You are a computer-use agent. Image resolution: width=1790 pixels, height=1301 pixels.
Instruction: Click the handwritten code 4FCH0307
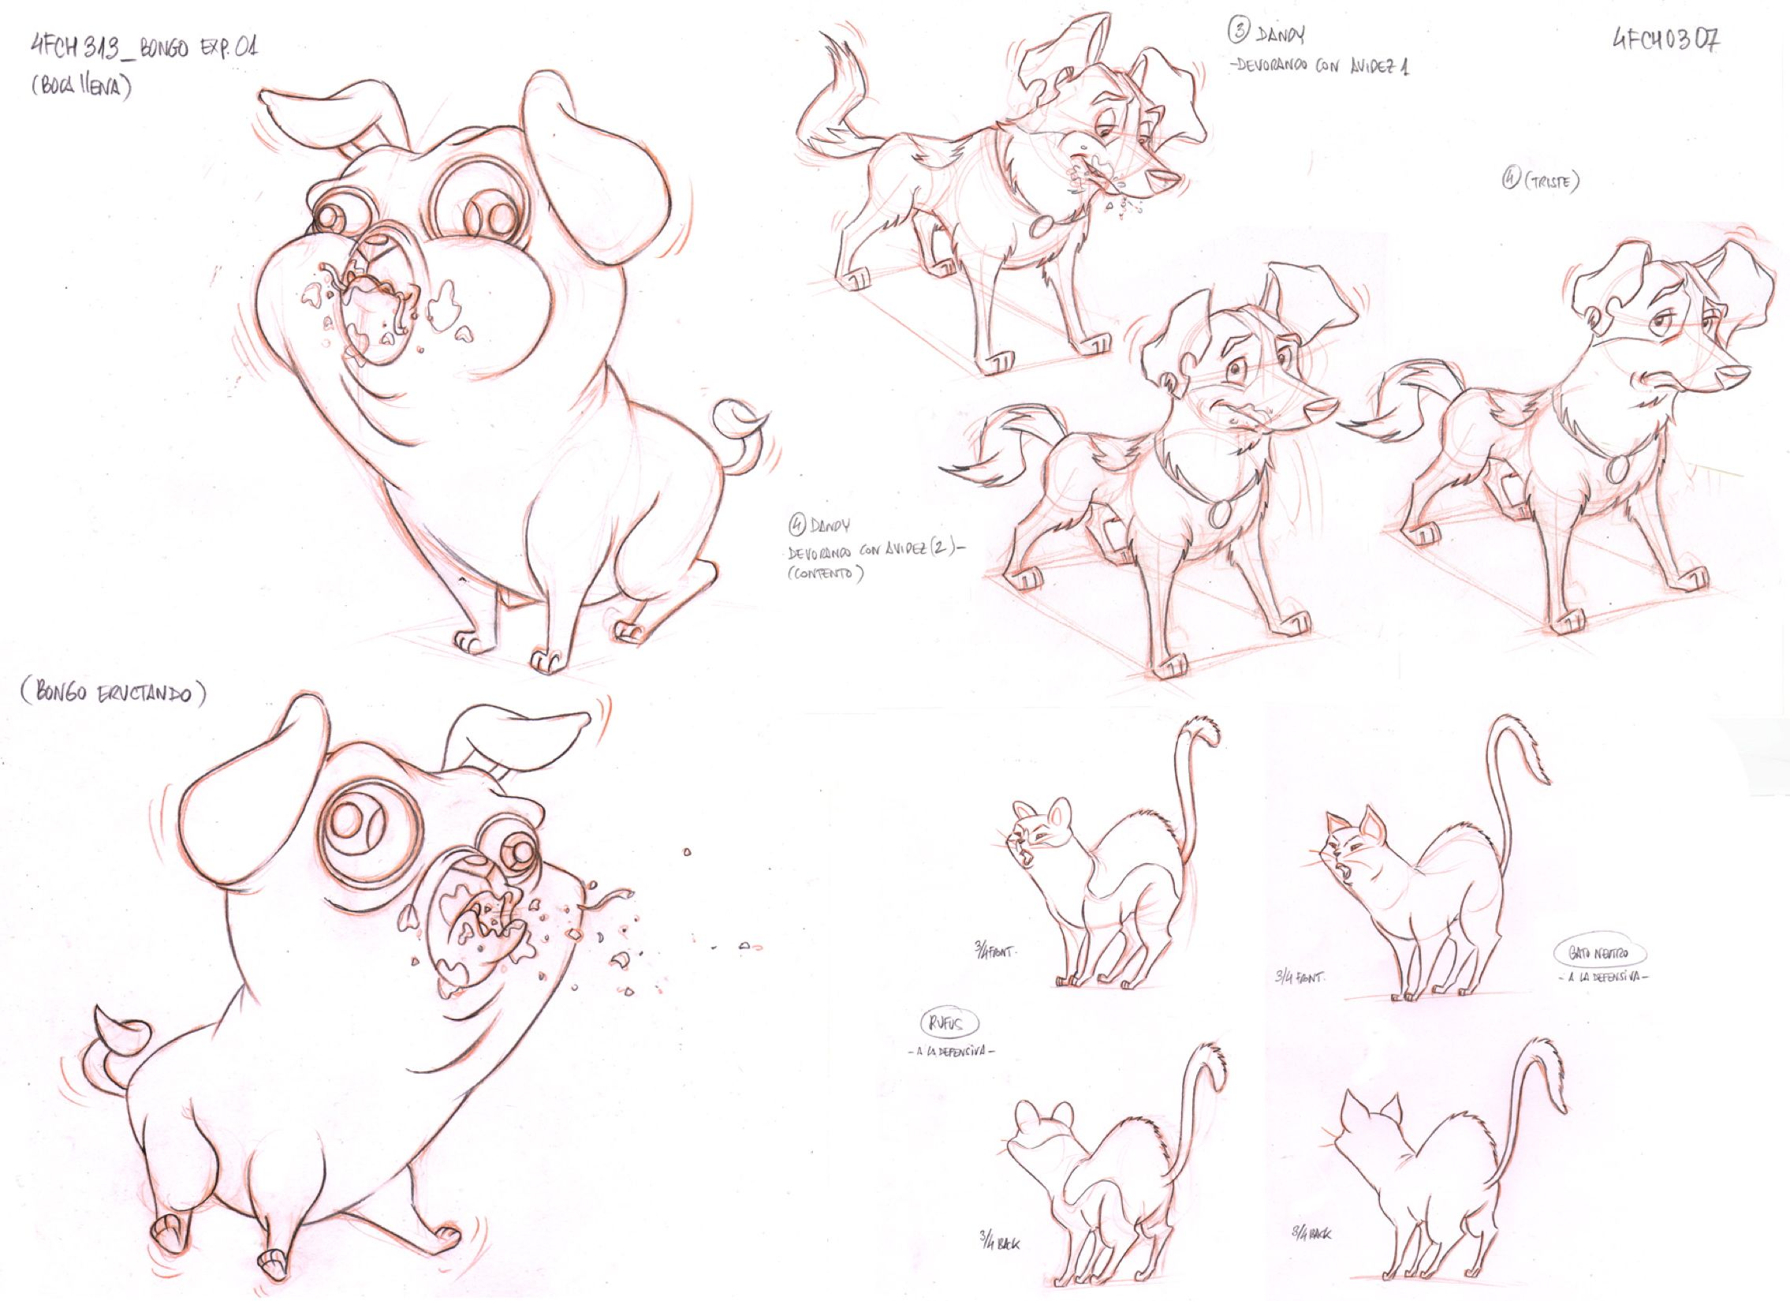pos(1665,40)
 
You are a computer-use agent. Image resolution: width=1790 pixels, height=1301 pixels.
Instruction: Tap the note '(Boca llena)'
pos(81,86)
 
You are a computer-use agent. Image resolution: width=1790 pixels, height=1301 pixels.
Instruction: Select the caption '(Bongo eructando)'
pos(114,694)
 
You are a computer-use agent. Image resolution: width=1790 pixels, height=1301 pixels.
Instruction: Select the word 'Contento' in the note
pos(824,574)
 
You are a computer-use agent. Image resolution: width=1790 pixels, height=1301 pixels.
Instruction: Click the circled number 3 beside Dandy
pos(1238,32)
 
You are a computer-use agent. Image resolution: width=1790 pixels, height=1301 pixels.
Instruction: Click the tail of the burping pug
pos(118,1042)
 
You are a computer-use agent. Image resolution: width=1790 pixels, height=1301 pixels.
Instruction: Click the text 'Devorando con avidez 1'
pos(1318,66)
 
